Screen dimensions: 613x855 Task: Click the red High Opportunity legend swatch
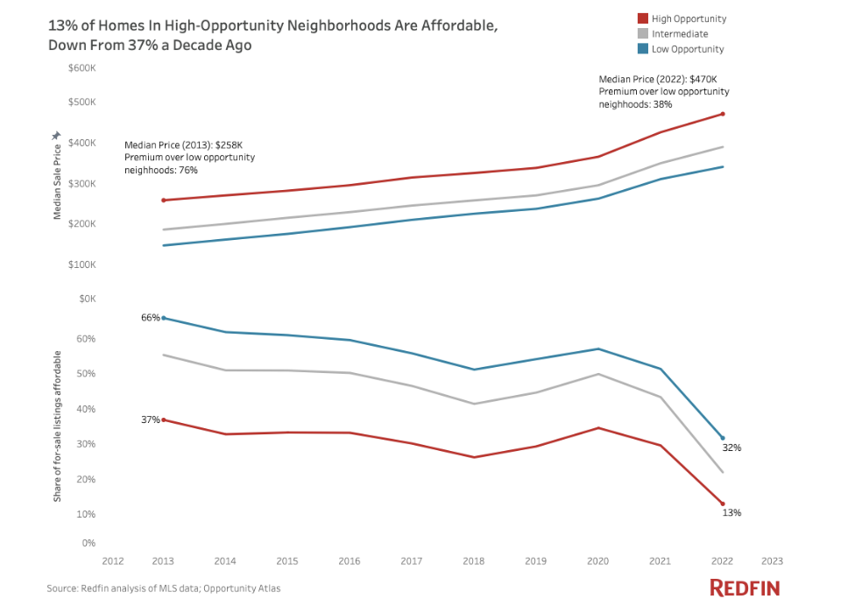642,18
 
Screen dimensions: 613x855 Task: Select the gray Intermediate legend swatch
642,34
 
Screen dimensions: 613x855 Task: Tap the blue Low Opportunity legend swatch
642,49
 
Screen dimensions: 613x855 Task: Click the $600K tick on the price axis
81,68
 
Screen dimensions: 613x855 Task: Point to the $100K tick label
81,264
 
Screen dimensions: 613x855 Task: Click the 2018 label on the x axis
475,560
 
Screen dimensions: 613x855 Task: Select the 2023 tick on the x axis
772,560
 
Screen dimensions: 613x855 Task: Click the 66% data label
151,317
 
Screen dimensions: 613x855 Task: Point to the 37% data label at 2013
151,419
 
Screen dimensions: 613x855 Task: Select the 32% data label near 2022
731,447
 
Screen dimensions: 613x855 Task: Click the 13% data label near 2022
731,512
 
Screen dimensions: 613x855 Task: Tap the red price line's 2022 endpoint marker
723,114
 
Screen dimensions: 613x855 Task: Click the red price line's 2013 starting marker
164,201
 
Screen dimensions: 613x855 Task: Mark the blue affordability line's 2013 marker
164,318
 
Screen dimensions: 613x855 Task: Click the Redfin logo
744,588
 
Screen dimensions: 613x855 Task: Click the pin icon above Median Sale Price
56,136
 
